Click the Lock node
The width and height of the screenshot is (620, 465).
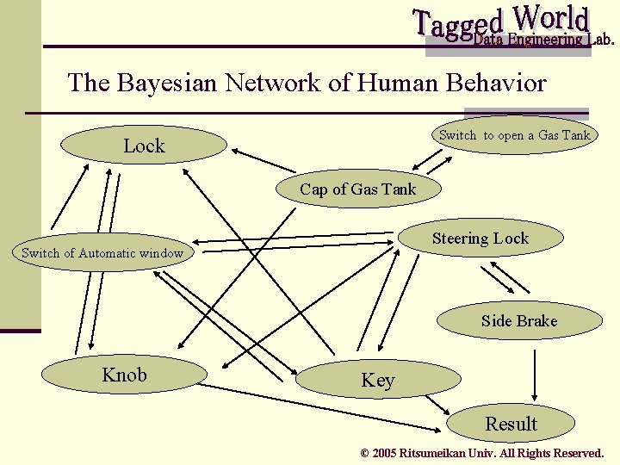pos(144,146)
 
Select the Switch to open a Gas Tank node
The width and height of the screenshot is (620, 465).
pos(515,135)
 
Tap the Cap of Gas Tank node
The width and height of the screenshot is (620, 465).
pos(357,189)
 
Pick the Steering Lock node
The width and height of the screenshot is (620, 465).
pos(480,239)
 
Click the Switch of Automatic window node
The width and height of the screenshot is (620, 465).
pos(102,253)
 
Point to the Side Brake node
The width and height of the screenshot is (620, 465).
pos(519,321)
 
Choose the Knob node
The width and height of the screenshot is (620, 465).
pos(125,375)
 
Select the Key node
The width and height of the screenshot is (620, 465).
pos(377,380)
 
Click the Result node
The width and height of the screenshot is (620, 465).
pos(511,424)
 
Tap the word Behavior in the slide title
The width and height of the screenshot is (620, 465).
pos(496,83)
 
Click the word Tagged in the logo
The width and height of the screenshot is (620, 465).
pos(459,24)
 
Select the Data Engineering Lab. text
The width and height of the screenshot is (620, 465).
pos(544,40)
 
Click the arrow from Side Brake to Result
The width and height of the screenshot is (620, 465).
pos(536,372)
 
